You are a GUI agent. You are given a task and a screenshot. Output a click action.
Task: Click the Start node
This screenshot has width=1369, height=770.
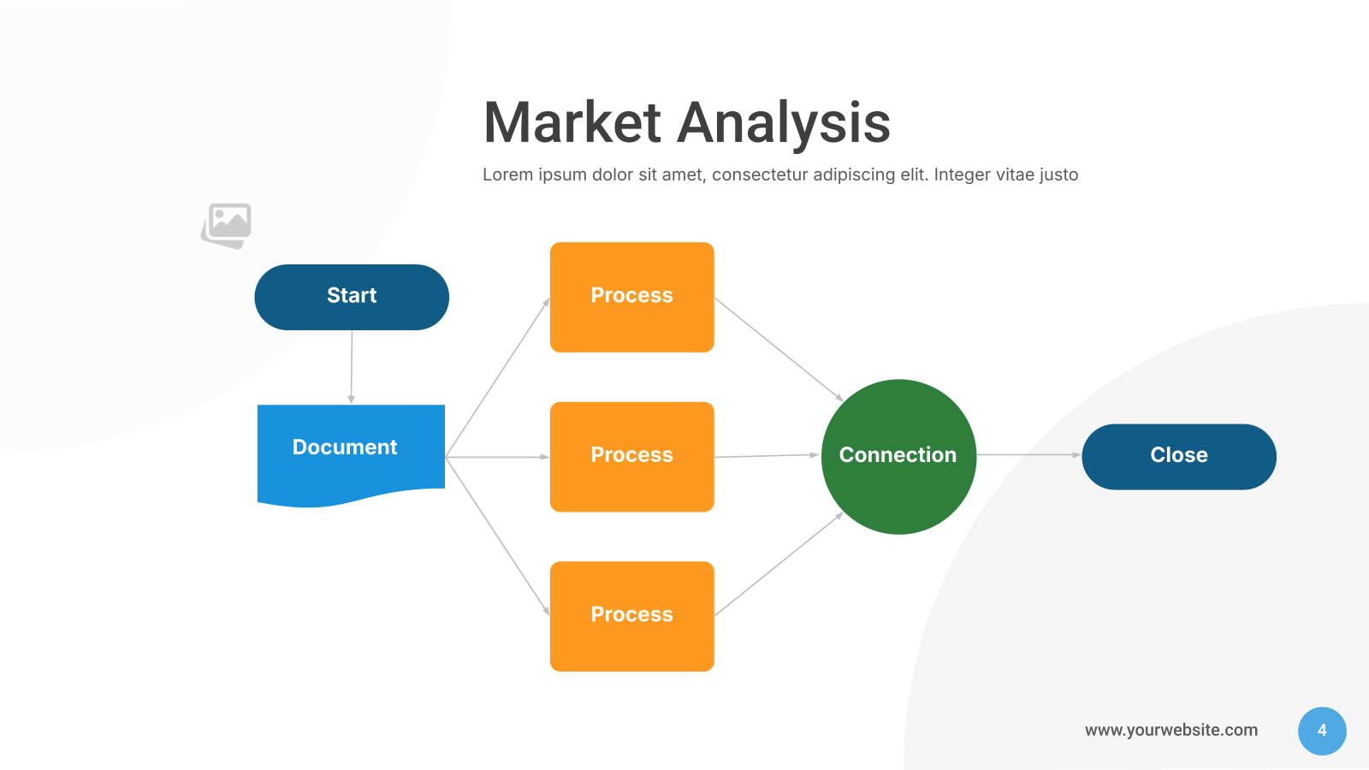352,297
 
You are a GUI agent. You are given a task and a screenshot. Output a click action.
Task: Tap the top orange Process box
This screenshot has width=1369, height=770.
632,297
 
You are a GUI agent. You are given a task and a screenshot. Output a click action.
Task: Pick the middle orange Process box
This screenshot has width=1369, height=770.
632,457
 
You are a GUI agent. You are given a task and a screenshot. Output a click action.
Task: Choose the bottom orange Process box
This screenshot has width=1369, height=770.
632,616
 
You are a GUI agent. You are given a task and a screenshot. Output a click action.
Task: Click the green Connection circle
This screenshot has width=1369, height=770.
898,457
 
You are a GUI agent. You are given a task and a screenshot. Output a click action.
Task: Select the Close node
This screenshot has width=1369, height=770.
1179,457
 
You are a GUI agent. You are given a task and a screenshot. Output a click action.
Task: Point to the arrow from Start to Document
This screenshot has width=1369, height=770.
352,367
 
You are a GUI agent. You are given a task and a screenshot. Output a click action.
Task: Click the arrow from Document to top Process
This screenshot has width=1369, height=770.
497,377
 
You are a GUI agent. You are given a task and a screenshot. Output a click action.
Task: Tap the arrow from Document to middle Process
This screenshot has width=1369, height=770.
497,457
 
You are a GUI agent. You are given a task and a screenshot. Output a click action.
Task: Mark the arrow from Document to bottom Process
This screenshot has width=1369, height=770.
497,536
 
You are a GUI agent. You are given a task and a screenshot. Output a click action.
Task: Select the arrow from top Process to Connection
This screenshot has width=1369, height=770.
779,350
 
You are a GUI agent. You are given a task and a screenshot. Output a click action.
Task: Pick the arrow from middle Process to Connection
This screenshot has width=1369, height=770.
767,456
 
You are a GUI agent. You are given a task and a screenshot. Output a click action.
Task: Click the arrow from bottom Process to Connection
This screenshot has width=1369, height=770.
779,564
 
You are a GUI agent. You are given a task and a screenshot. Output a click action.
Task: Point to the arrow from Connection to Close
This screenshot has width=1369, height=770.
1029,454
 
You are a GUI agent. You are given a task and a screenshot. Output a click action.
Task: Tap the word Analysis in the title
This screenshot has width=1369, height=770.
784,126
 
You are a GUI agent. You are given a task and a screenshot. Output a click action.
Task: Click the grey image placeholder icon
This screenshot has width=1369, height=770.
227,226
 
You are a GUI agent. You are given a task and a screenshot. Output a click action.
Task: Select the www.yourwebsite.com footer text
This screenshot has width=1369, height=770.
1171,731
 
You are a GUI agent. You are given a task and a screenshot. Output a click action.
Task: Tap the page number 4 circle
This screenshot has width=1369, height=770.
1322,731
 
